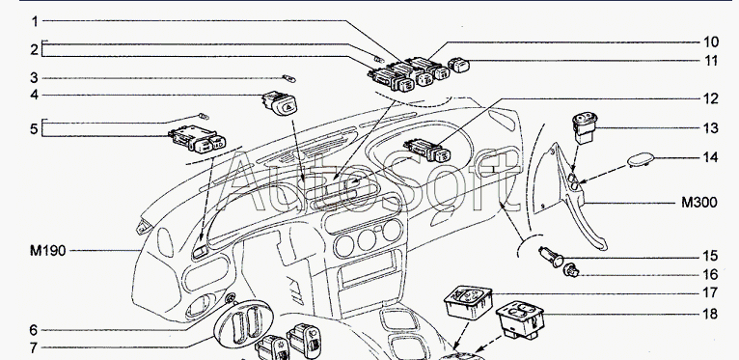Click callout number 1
[x=35, y=21]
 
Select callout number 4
[x=35, y=95]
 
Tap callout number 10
[x=711, y=42]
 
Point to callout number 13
[x=711, y=128]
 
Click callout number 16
[x=711, y=274]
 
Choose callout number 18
[x=711, y=314]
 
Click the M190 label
[x=47, y=250]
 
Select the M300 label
[x=698, y=203]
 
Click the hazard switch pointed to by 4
[x=280, y=103]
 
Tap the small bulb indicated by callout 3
[x=288, y=78]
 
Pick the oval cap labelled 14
[x=641, y=159]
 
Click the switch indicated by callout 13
[x=585, y=127]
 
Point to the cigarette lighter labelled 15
[x=552, y=258]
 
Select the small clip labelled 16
[x=571, y=270]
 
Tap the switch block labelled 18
[x=520, y=319]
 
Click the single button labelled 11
[x=458, y=65]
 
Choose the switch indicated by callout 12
[x=427, y=151]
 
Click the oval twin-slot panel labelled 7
[x=243, y=323]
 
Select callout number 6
[x=34, y=330]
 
